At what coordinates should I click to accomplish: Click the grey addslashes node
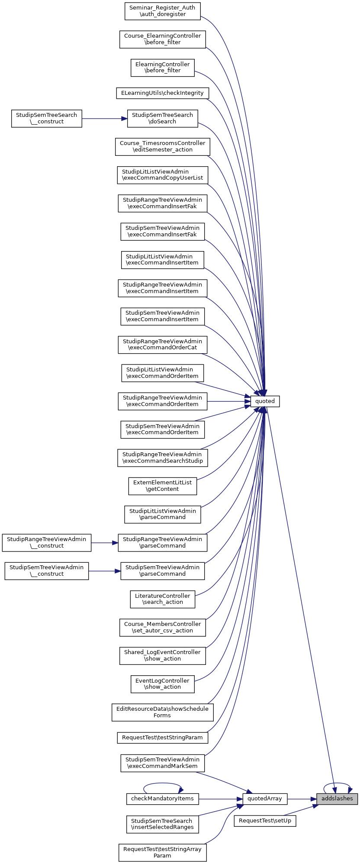coord(337,799)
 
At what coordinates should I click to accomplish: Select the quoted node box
coord(265,401)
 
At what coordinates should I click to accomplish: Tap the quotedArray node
coord(264,799)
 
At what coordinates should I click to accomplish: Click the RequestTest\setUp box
coord(265,821)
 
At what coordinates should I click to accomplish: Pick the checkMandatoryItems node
coord(162,799)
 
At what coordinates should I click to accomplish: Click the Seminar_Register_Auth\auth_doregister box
coord(162,11)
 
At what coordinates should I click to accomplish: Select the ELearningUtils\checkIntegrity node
coord(162,93)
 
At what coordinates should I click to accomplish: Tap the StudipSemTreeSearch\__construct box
coord(46,118)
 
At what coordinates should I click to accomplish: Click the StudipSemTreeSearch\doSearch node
coord(162,118)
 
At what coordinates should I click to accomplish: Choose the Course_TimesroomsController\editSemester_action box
coord(162,146)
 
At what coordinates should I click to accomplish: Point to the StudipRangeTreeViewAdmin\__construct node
coord(46,542)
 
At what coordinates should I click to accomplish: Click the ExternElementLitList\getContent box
coord(162,486)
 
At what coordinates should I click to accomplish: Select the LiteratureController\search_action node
coord(162,599)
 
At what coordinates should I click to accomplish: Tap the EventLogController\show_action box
coord(162,684)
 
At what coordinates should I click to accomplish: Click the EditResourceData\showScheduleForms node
coord(162,712)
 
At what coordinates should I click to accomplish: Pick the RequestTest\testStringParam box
coord(162,738)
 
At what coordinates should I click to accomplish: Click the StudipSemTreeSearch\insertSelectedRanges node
coord(162,824)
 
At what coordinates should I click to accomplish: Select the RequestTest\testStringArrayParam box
coord(162,852)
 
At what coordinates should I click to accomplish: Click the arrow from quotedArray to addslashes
coord(301,799)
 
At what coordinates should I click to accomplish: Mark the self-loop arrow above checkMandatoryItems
coord(162,783)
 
